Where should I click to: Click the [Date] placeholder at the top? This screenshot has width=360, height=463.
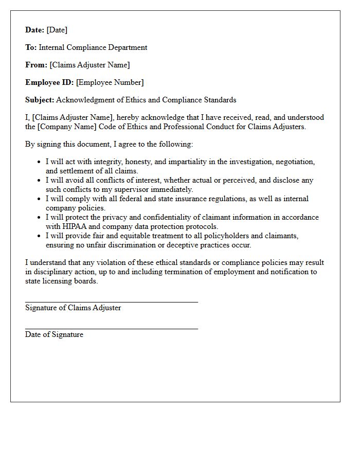pos(57,30)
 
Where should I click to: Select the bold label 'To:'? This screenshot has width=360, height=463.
pos(31,47)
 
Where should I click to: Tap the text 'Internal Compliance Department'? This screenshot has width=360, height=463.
pos(93,47)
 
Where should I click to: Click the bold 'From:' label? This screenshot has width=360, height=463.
pos(36,65)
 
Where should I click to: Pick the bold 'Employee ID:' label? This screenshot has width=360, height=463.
pos(49,82)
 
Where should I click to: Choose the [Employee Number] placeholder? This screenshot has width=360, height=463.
pos(110,82)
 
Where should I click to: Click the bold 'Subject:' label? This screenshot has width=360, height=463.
pos(40,100)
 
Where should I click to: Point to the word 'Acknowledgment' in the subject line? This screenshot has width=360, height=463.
pos(82,100)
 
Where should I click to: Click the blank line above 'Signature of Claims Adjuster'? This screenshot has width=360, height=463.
pos(111,302)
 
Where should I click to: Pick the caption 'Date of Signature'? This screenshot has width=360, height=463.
pos(54,334)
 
